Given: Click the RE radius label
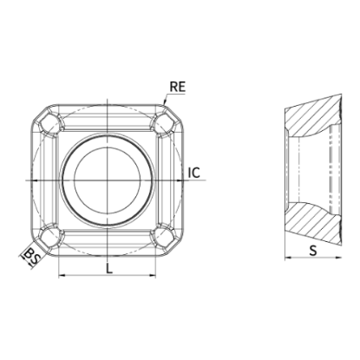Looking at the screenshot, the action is click(177, 87).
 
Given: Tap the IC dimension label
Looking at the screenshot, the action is click(194, 173).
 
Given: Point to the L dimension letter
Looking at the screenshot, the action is click(108, 269).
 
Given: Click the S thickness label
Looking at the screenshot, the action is click(313, 251).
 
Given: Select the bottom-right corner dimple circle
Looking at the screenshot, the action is click(164, 238).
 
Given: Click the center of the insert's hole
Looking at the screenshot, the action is click(108, 180).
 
